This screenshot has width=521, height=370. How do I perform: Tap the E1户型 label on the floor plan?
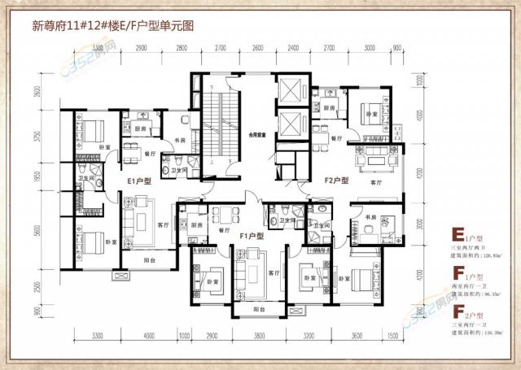pyautogui.click(x=139, y=182)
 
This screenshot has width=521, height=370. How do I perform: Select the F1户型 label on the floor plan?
pyautogui.click(x=254, y=235)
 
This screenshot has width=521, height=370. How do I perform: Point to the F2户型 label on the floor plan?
pyautogui.click(x=336, y=180)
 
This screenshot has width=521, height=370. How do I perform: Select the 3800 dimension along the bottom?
pyautogui.click(x=259, y=335)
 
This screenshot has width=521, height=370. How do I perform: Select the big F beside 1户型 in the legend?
pyautogui.click(x=458, y=271)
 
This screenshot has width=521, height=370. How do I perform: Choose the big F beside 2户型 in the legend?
pyautogui.click(x=458, y=310)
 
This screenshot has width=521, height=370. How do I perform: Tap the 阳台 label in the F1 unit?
pyautogui.click(x=258, y=310)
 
